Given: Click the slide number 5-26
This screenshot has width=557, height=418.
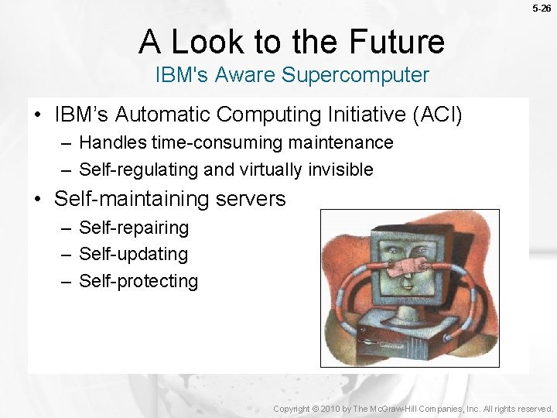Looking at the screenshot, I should click(542, 9).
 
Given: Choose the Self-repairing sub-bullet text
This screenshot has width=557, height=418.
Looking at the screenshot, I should click(134, 228).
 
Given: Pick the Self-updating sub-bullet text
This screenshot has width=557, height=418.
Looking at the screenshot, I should click(133, 254).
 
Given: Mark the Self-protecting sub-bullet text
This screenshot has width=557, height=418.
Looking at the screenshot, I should click(138, 281).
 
